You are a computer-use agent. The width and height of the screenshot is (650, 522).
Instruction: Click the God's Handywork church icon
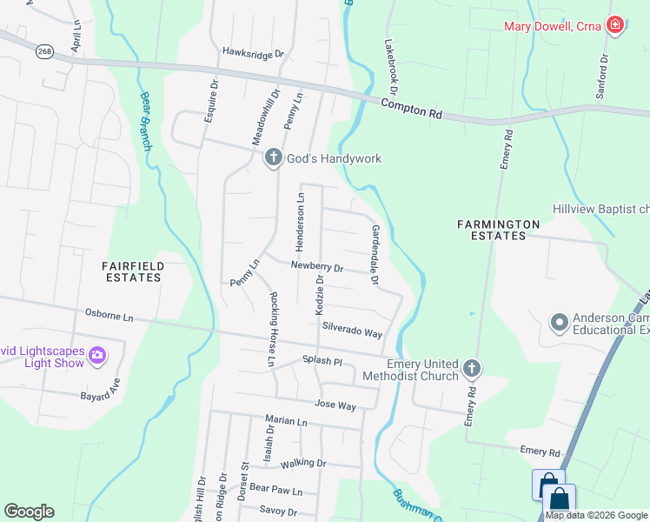click(x=273, y=157)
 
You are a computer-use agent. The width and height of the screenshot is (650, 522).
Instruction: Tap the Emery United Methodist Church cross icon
click(x=471, y=369)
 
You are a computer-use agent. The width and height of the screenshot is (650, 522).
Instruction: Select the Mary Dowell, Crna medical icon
click(x=615, y=24)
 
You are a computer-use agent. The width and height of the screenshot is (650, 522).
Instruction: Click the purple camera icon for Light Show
click(x=97, y=355)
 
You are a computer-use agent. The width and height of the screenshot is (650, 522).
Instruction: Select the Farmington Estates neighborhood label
click(x=492, y=230)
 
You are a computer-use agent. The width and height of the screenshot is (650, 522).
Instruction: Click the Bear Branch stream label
click(x=144, y=120)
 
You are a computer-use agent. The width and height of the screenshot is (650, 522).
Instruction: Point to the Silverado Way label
click(x=352, y=332)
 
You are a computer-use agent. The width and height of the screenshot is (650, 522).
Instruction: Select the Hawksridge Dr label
click(x=253, y=53)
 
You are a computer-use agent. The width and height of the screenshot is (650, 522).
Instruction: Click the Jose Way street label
click(x=335, y=405)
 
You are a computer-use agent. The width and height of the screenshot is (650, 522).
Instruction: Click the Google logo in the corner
click(x=30, y=512)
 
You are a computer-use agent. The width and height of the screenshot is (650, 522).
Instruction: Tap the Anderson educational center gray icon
click(x=559, y=324)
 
